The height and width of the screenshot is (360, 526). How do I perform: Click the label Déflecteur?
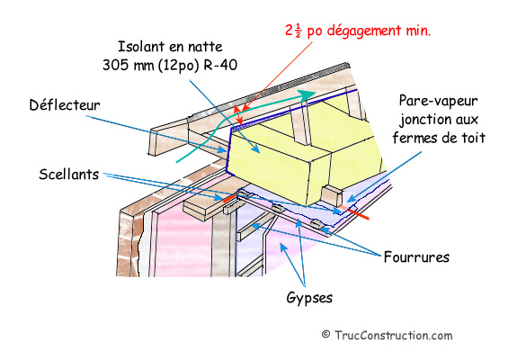click(x=65, y=105)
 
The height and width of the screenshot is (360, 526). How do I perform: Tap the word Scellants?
click(x=68, y=175)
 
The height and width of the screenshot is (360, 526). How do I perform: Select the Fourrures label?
click(x=416, y=257)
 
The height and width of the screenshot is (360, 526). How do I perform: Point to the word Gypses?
click(x=309, y=298)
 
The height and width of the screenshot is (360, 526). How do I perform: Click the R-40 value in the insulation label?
click(x=220, y=65)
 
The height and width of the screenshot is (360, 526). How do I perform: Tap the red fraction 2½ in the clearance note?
click(x=294, y=31)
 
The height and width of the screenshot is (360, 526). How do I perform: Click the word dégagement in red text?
click(x=364, y=31)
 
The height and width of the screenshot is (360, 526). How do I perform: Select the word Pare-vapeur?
click(x=439, y=101)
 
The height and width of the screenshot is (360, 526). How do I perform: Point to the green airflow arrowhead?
click(x=307, y=94)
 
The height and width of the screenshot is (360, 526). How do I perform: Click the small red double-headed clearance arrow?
click(x=238, y=116)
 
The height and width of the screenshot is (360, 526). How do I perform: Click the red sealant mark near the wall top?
click(x=230, y=199)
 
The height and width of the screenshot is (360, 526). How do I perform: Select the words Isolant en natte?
click(x=170, y=46)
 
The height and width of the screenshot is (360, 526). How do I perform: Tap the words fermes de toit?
click(x=439, y=138)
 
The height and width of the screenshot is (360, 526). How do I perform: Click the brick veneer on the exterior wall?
click(x=129, y=245)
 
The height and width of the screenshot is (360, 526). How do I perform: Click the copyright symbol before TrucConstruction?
click(x=325, y=335)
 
